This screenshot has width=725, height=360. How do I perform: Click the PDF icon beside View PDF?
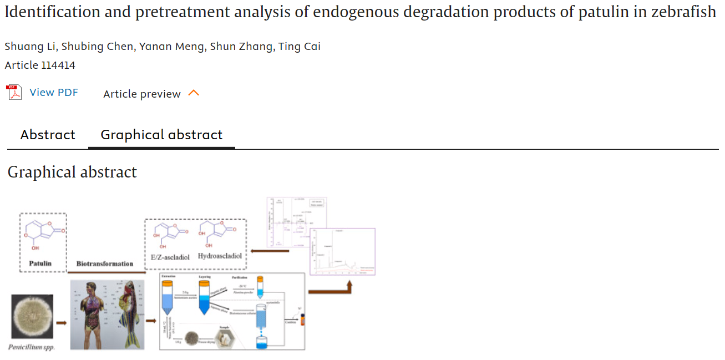[x=14, y=92]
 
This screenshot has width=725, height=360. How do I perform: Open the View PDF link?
[x=54, y=93]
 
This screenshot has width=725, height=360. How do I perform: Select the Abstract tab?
[x=48, y=135]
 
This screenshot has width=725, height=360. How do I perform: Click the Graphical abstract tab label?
[x=161, y=135]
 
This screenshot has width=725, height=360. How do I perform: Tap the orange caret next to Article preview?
[x=194, y=93]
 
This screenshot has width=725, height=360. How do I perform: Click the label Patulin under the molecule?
[x=40, y=263]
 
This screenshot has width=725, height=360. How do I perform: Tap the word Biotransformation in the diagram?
[x=105, y=263]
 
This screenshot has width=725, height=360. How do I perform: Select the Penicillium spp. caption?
[x=32, y=347]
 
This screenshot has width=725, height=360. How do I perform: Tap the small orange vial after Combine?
[x=303, y=320]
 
